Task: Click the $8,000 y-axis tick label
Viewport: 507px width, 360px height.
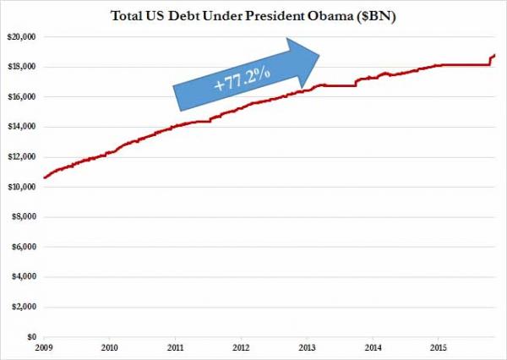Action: coord(23,216)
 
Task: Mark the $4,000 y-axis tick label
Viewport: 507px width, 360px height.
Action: coord(23,276)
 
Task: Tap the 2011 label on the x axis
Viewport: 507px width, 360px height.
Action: coord(174,347)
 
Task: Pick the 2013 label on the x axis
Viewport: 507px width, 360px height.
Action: coord(306,347)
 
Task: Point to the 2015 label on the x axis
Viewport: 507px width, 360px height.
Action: coord(438,347)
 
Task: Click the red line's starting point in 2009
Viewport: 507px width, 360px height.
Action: coord(43,177)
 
